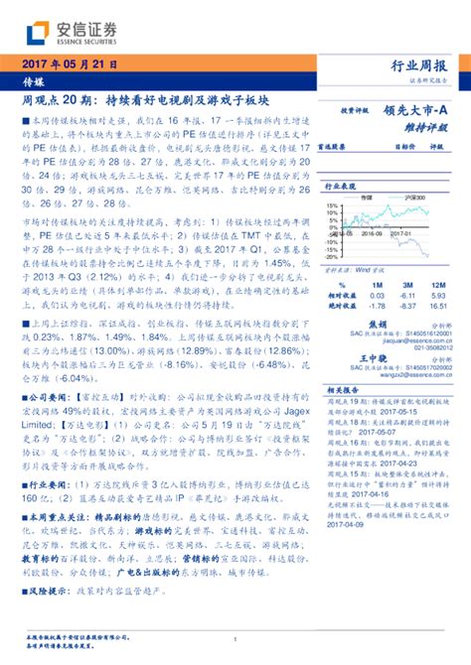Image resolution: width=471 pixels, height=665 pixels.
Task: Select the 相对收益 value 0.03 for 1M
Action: tap(377, 295)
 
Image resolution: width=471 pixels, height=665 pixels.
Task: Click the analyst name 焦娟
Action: tap(378, 324)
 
